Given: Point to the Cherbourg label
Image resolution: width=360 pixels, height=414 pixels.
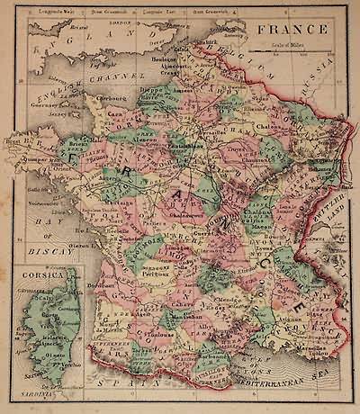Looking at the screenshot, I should coord(108,97).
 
